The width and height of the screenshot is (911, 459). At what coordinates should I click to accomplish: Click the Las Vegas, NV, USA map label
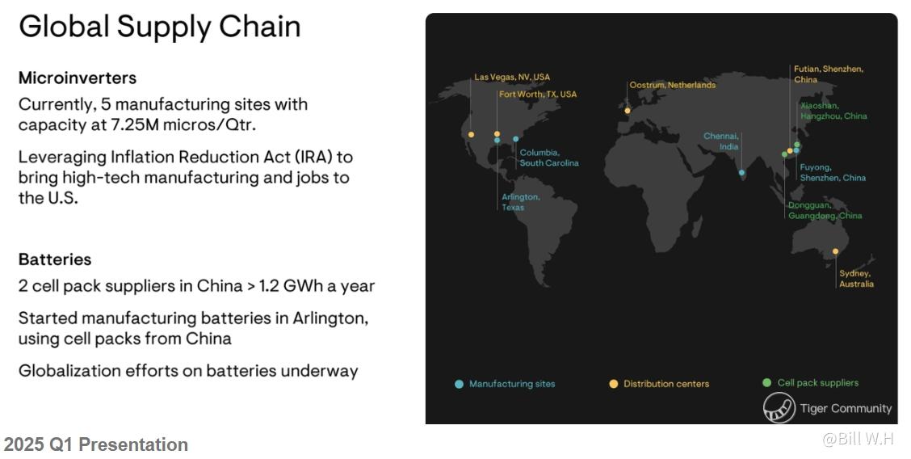[x=512, y=77]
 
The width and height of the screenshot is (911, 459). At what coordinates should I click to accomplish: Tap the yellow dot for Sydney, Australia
[x=835, y=251]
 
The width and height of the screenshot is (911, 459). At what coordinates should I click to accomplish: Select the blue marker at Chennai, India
[x=741, y=173]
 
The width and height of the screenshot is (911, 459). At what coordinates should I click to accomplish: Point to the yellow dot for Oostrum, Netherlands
[x=628, y=111]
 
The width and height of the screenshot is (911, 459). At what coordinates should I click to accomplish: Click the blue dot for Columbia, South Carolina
[x=516, y=139]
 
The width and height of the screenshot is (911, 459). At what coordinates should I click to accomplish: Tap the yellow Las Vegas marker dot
[x=471, y=135]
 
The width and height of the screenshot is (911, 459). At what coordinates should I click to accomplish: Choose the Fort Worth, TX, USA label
[x=538, y=94]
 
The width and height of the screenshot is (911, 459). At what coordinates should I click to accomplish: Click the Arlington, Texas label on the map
[x=521, y=202]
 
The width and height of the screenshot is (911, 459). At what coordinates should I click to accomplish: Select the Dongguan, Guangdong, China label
[x=825, y=210]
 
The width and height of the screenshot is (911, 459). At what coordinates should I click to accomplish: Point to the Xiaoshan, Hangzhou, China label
[x=833, y=111]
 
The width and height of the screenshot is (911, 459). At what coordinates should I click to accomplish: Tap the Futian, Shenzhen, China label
[x=829, y=74]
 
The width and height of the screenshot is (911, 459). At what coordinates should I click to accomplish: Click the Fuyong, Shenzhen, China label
[x=833, y=173]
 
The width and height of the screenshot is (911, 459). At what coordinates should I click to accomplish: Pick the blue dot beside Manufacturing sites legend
[x=459, y=384]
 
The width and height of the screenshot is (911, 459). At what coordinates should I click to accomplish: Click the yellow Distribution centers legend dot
[x=614, y=384]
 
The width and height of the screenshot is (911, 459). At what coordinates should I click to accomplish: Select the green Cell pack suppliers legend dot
[x=767, y=382]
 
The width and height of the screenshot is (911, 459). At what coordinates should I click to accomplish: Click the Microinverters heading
[x=78, y=78]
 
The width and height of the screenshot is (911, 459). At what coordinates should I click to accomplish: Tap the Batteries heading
[x=55, y=259]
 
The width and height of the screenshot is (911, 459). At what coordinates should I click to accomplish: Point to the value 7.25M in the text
[x=135, y=125]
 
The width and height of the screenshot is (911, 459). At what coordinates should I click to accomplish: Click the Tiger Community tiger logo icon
[x=779, y=407]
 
